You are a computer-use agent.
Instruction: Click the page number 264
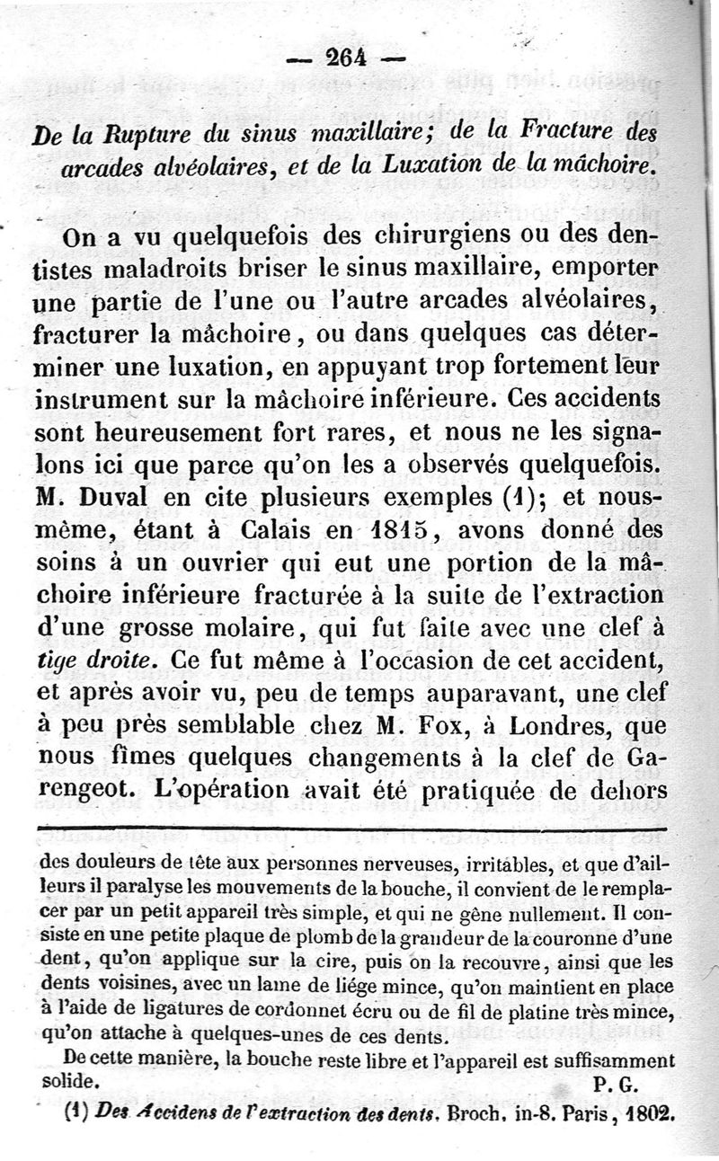point(345,58)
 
